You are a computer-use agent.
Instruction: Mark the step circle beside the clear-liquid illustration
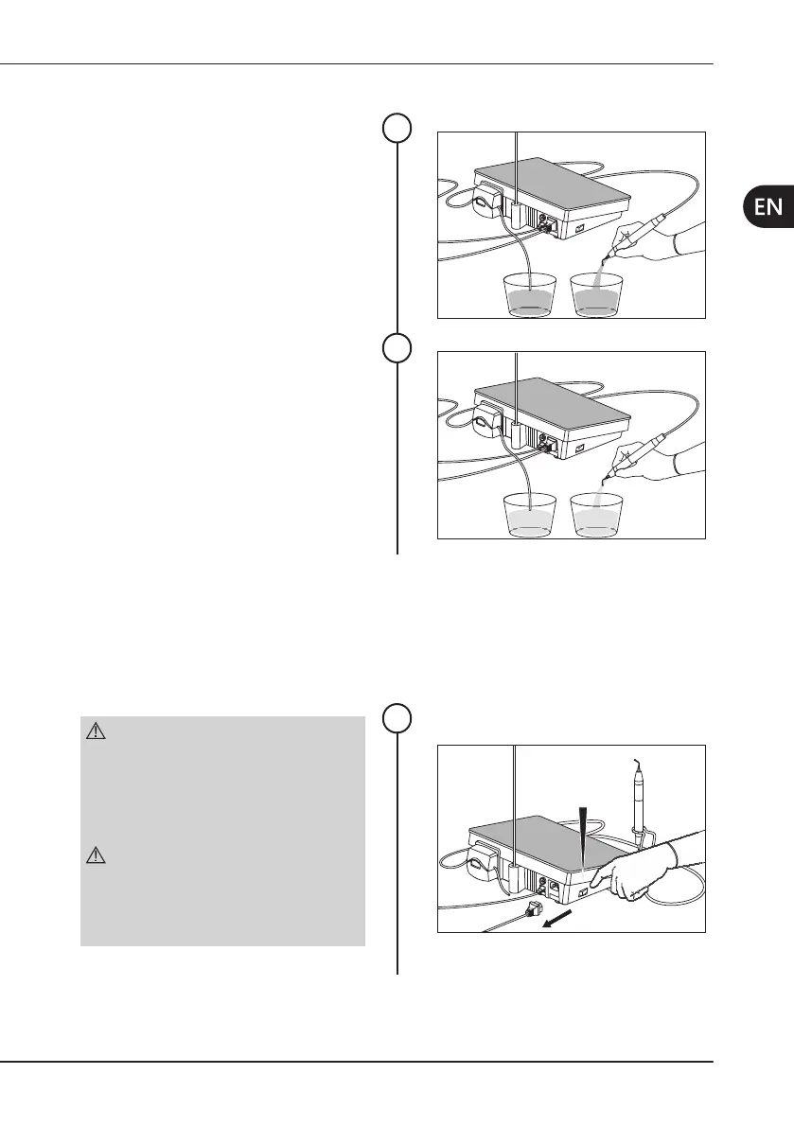(x=397, y=348)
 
